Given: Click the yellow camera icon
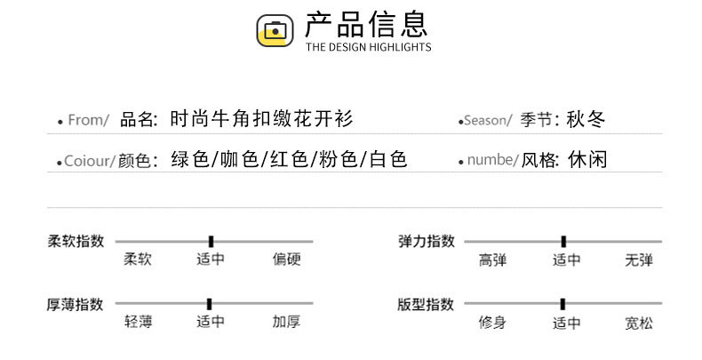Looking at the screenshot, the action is [275, 30].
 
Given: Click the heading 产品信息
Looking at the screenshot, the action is [366, 24].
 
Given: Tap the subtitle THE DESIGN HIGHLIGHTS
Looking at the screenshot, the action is [368, 47].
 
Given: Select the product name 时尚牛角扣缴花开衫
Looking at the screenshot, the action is [266, 119].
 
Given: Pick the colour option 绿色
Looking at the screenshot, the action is [190, 160].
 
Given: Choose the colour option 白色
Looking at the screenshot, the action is [387, 160].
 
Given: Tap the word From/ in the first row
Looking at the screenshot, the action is [88, 121].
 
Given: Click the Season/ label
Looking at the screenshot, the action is [488, 121].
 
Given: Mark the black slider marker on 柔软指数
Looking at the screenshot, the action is [211, 241].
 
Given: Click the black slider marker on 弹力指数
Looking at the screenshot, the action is [563, 241].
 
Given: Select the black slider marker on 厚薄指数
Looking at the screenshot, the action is [209, 303].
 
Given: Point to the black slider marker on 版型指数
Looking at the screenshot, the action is [562, 303].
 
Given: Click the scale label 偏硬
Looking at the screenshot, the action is [287, 260].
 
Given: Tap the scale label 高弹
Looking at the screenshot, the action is [492, 260].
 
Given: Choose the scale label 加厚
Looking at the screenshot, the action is [287, 323].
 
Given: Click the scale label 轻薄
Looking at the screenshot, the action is [138, 323].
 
